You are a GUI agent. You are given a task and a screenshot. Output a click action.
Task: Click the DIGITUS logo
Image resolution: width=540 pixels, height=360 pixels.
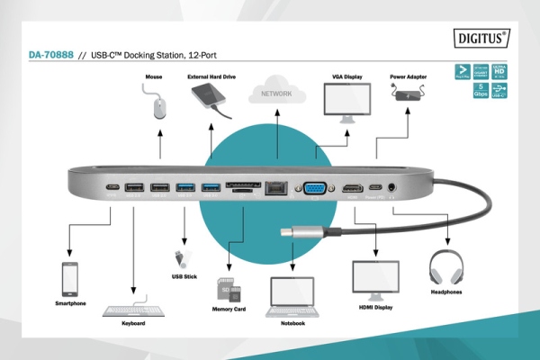(480, 39)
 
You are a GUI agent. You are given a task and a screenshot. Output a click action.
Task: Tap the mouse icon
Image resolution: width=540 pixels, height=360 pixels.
(160, 108)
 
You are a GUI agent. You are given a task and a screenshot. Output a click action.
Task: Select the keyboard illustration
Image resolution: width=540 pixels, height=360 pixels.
(132, 309)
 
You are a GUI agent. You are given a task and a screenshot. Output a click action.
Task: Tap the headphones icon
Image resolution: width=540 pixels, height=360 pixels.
(448, 269)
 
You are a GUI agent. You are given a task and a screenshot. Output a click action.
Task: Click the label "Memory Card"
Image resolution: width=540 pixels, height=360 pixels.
(229, 309)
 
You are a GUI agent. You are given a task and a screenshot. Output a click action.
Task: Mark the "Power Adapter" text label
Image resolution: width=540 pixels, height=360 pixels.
(408, 76)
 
